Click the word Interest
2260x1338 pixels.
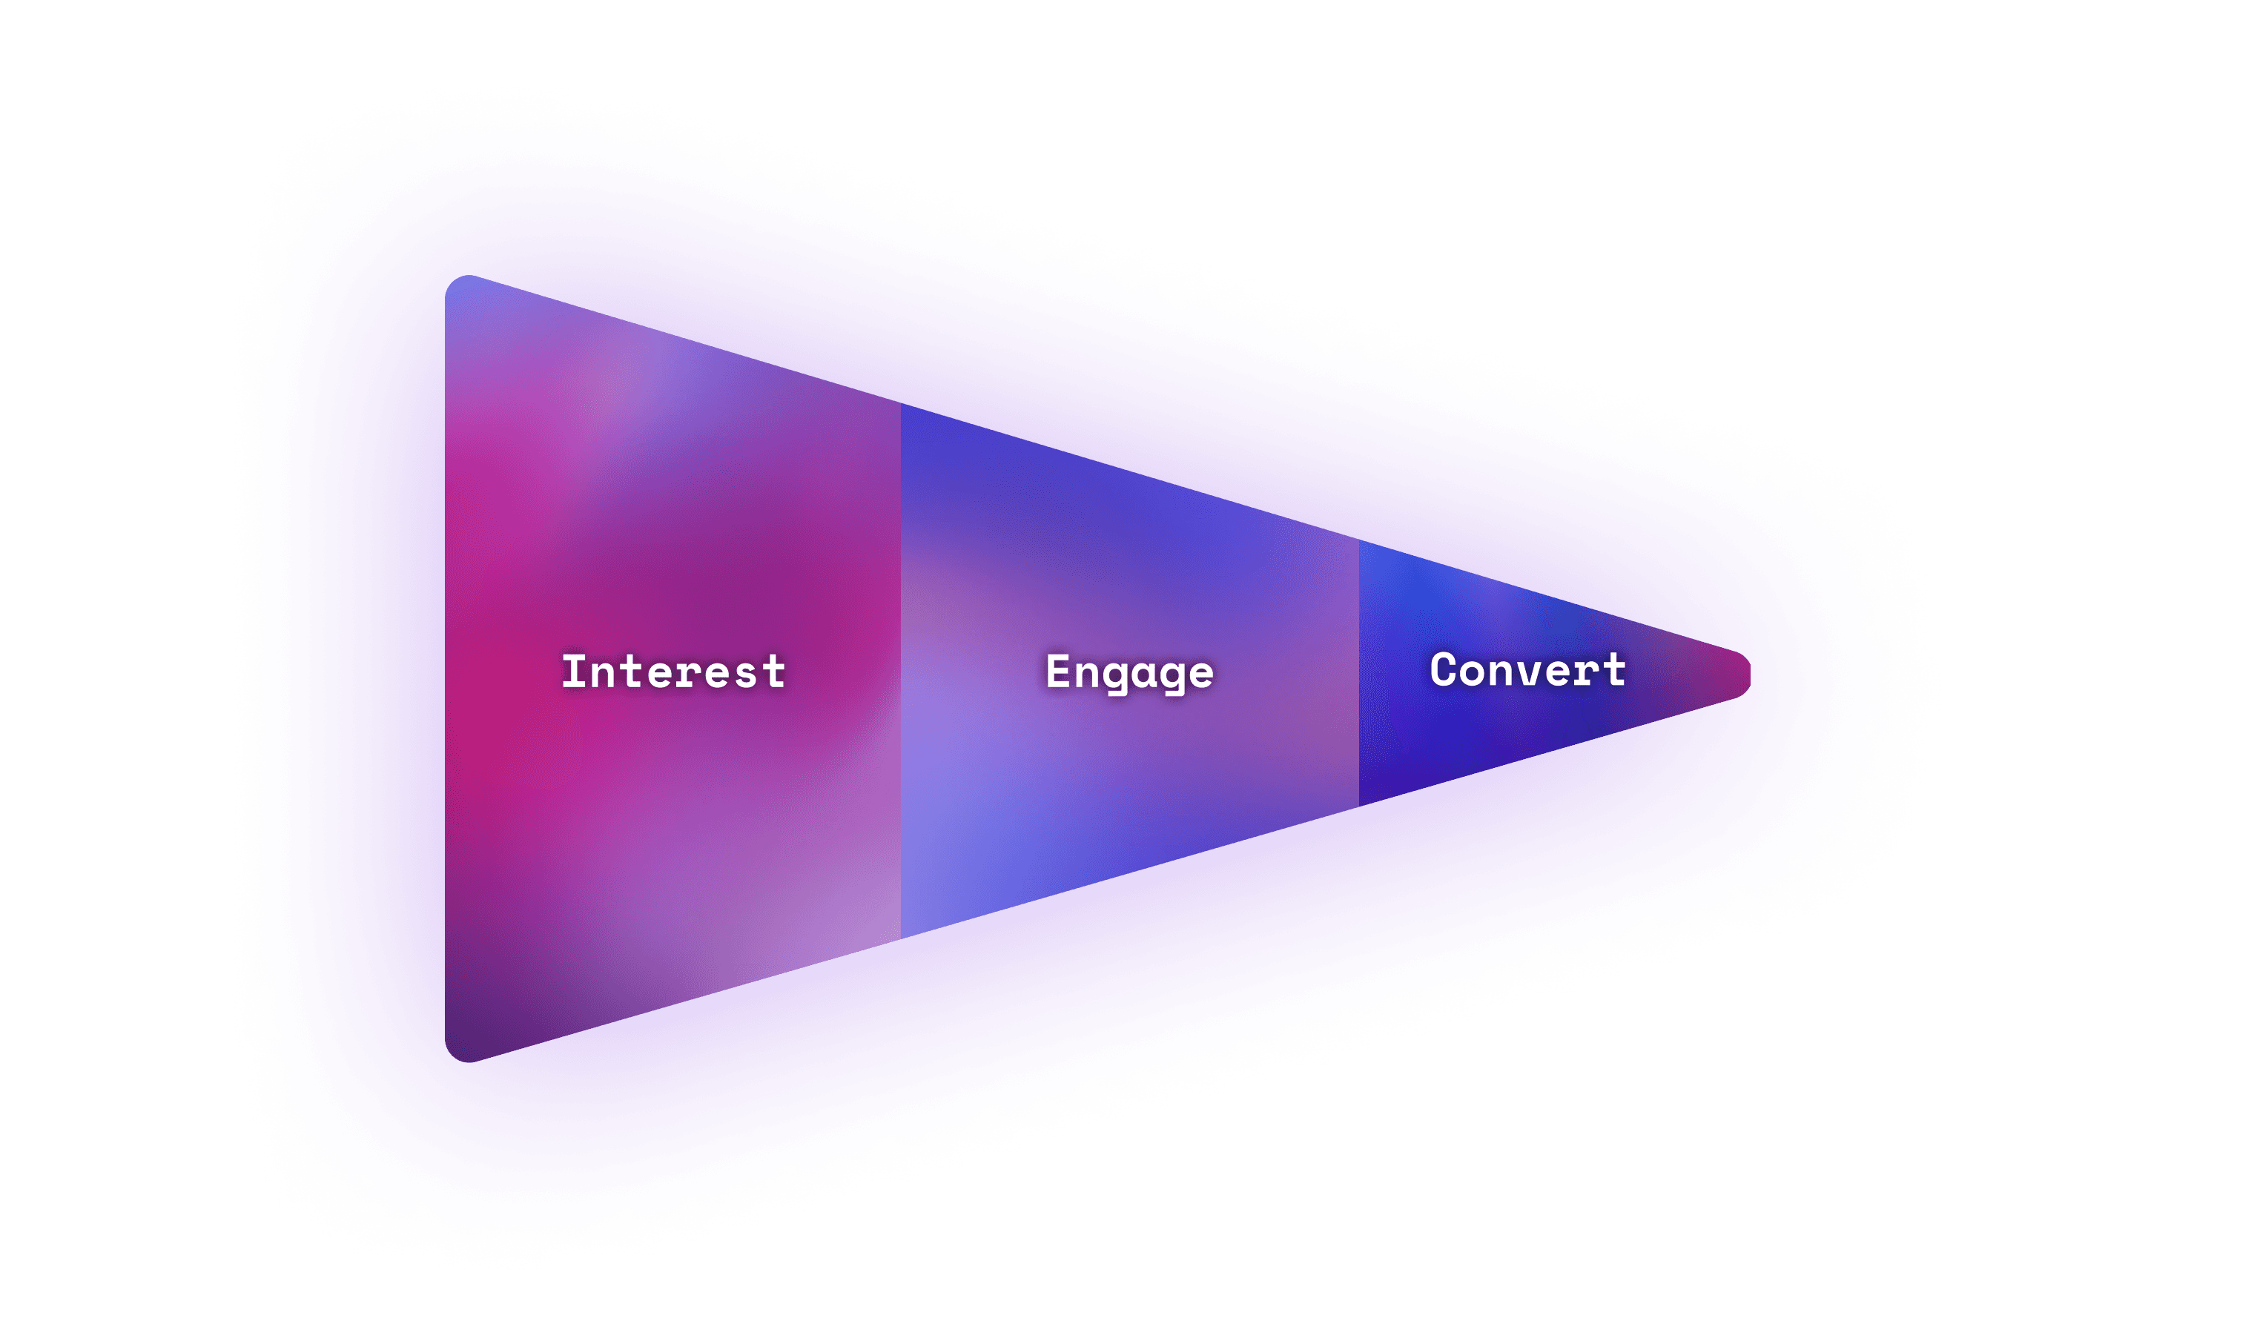point(673,672)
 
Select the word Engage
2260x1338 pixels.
point(1129,672)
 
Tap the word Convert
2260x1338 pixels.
point(1527,670)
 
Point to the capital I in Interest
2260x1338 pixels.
point(572,672)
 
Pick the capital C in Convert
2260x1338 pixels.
point(1443,670)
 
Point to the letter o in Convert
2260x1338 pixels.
point(1472,672)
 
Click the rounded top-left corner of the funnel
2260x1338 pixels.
point(456,287)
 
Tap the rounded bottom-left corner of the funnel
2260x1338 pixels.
point(456,1050)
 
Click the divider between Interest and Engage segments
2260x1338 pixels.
point(901,672)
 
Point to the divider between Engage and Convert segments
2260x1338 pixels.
point(1359,672)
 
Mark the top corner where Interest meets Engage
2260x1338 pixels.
point(901,405)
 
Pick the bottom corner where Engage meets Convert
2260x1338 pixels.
point(1359,804)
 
